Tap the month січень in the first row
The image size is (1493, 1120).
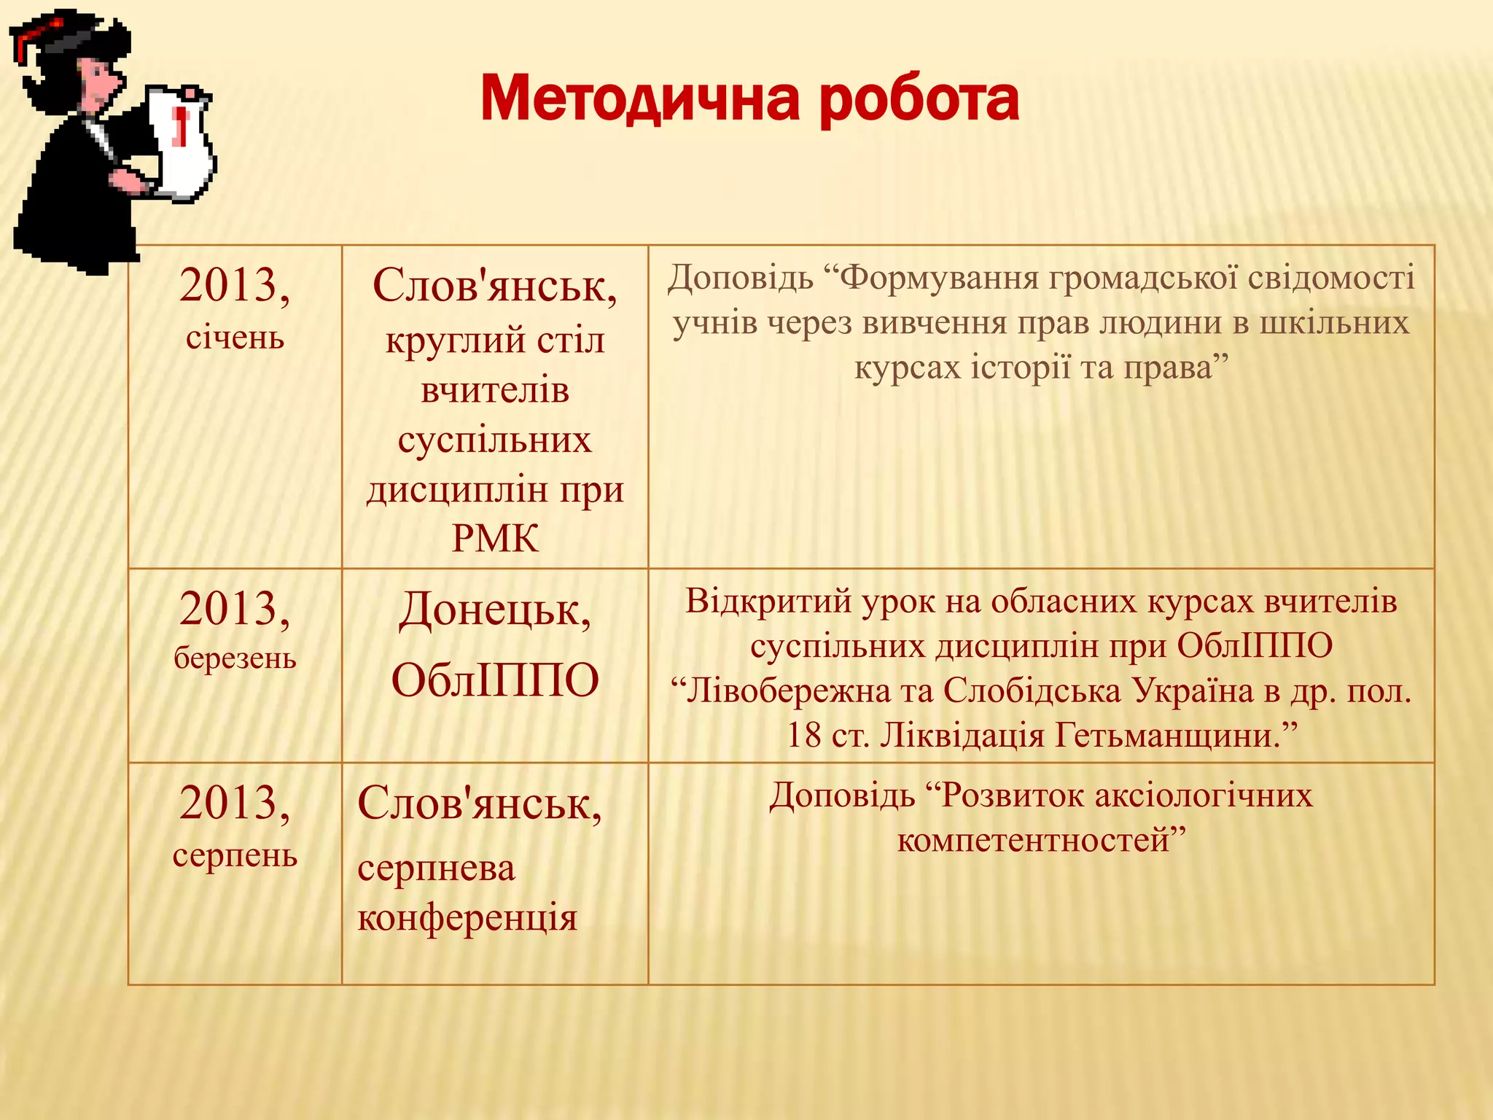(x=235, y=338)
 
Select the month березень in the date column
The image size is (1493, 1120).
(x=235, y=658)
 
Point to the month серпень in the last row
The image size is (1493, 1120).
(x=235, y=855)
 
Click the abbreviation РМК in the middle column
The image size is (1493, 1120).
(x=495, y=539)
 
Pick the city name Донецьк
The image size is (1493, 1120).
(x=494, y=610)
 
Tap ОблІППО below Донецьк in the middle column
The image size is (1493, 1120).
(x=495, y=680)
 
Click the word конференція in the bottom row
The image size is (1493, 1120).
(x=467, y=917)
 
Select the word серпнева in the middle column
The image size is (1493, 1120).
(x=436, y=868)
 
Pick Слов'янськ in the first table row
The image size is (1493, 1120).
(x=494, y=285)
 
